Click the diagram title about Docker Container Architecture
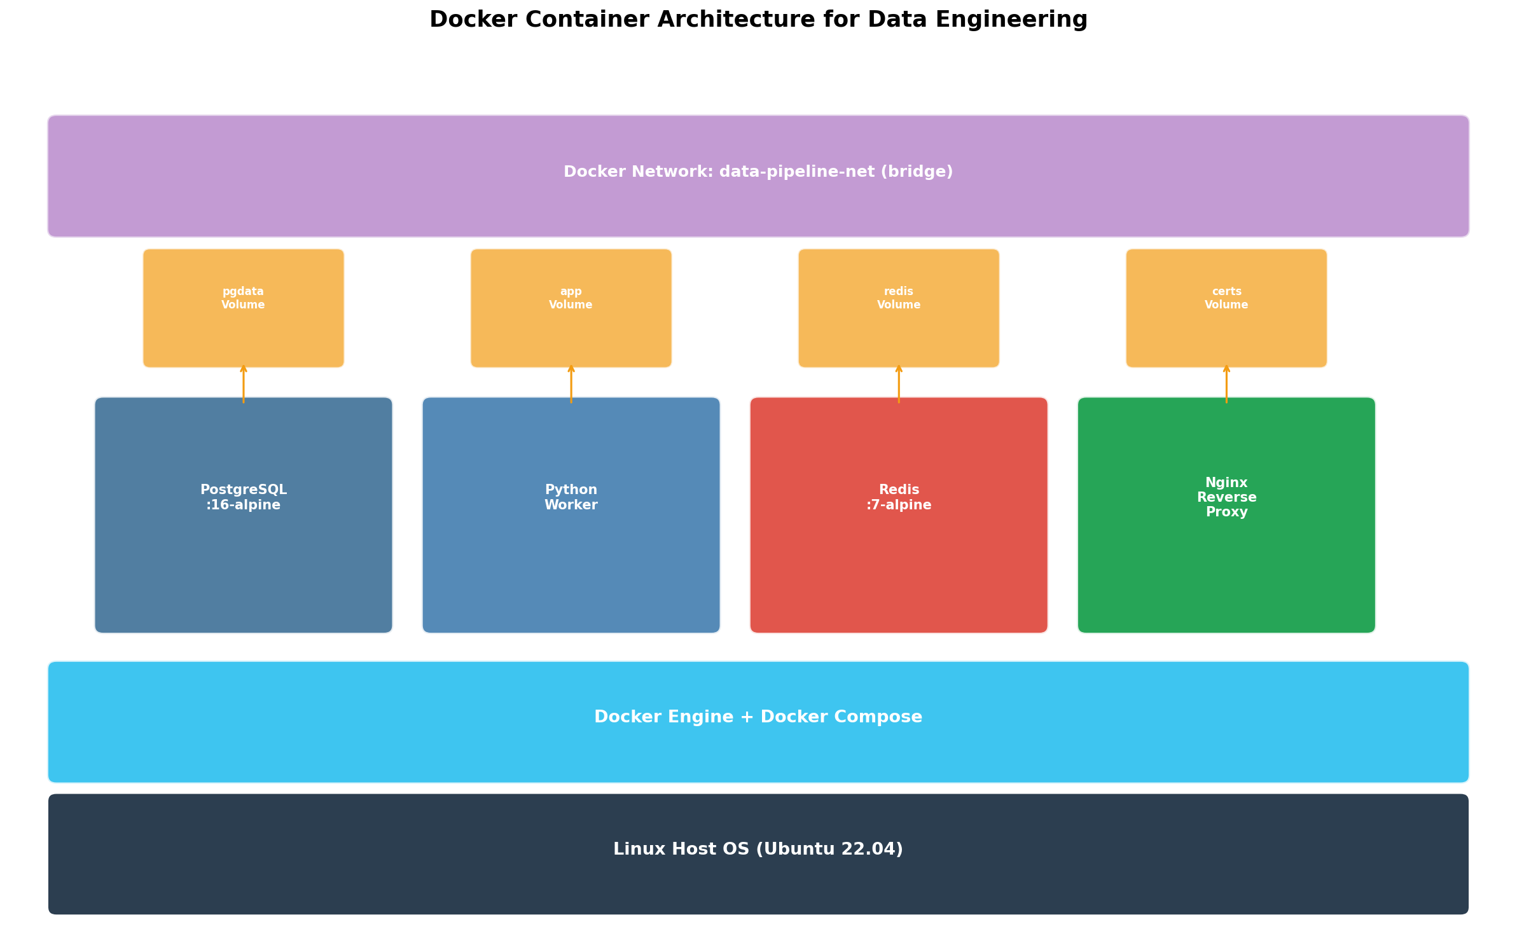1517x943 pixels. pos(758,20)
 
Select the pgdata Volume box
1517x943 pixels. pos(244,308)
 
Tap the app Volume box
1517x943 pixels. pos(571,308)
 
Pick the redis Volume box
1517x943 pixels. pos(899,308)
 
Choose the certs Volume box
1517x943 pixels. pos(1226,308)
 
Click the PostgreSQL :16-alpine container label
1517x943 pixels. pos(244,497)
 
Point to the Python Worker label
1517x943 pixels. pos(571,497)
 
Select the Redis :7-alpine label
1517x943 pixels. pos(899,497)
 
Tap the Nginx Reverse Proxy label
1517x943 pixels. pos(1226,497)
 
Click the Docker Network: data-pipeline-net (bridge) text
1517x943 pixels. pos(758,172)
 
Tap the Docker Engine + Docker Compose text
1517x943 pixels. pos(758,717)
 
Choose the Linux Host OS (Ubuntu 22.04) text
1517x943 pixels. pos(758,850)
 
